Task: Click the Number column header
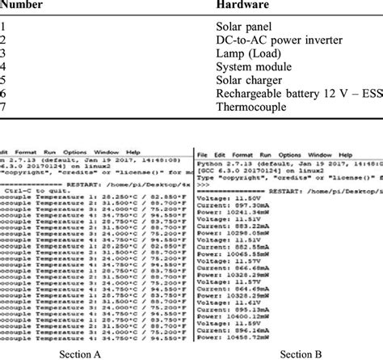[x=25, y=6]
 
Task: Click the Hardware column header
[x=245, y=6]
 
